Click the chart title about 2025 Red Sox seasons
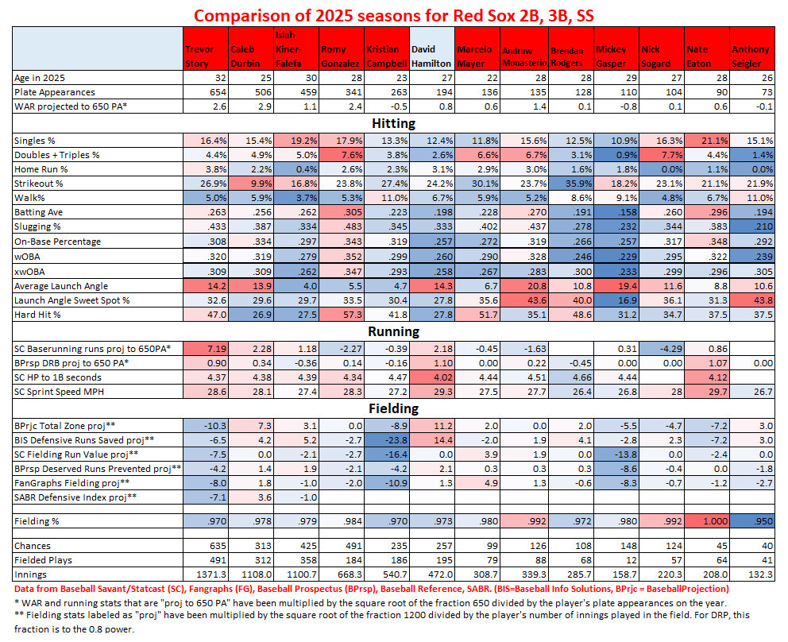(394, 15)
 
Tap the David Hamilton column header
(431, 55)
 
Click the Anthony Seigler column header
(752, 55)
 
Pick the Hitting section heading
(394, 123)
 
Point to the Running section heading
(394, 332)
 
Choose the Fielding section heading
(394, 408)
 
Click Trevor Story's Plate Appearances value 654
(205, 92)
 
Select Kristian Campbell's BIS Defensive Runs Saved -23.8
(386, 439)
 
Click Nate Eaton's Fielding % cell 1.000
(705, 520)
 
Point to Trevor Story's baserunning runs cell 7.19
(205, 349)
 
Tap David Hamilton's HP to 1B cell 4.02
(431, 377)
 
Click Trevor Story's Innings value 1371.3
(205, 574)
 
